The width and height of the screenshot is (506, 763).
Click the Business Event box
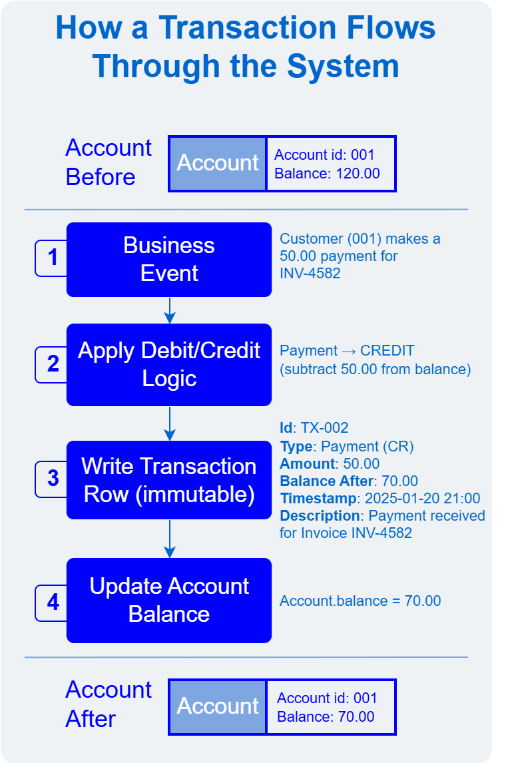(169, 260)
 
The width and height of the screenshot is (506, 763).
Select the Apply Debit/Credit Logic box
(169, 365)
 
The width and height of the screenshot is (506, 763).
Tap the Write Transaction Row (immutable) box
(169, 480)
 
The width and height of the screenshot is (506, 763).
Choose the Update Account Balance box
(169, 601)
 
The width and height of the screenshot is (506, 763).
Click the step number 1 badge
(52, 258)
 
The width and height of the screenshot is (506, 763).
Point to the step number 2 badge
(52, 364)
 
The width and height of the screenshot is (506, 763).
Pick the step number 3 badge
(52, 479)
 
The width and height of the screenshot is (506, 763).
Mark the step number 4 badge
(52, 603)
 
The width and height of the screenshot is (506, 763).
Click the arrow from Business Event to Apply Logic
(170, 310)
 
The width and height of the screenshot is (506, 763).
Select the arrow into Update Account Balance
(170, 538)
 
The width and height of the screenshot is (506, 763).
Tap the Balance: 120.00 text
(327, 174)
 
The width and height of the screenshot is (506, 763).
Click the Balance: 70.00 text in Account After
(326, 717)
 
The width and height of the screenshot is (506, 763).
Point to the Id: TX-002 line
(314, 428)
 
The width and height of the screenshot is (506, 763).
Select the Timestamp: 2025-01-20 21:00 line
(380, 499)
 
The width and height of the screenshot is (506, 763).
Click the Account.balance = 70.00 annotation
(360, 601)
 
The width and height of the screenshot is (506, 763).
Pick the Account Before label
(109, 162)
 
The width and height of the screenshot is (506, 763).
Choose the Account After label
(109, 704)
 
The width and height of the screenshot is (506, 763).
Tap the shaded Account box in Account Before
(218, 164)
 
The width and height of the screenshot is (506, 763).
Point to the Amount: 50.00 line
(330, 463)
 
